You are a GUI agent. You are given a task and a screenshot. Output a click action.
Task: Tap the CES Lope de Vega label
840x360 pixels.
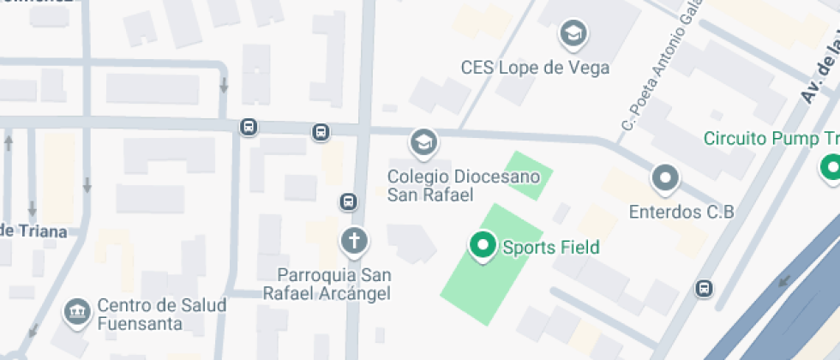[535, 67]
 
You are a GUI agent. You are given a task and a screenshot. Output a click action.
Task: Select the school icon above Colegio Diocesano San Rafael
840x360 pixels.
[422, 142]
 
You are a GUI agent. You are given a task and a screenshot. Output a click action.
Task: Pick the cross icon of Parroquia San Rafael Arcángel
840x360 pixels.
[353, 241]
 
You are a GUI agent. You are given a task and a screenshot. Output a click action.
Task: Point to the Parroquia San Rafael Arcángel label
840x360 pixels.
[334, 284]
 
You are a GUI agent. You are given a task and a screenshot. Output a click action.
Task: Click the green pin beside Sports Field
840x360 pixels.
[483, 246]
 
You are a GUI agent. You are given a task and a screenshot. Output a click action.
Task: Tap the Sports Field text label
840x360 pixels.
[550, 249]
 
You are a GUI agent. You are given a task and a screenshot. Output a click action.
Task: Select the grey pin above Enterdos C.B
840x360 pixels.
[665, 178]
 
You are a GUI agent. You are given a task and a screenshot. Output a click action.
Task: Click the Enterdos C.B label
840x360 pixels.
[681, 211]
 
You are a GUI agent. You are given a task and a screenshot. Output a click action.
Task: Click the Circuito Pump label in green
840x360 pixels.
[771, 139]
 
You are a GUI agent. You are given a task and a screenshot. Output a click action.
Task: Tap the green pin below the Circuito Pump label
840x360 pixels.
[830, 168]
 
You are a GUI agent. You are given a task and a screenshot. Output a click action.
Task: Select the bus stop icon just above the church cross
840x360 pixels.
[348, 201]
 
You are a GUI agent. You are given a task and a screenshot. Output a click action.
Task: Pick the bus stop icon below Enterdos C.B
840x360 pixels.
[705, 288]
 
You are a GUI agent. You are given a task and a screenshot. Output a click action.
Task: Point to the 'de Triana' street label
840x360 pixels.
[33, 231]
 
